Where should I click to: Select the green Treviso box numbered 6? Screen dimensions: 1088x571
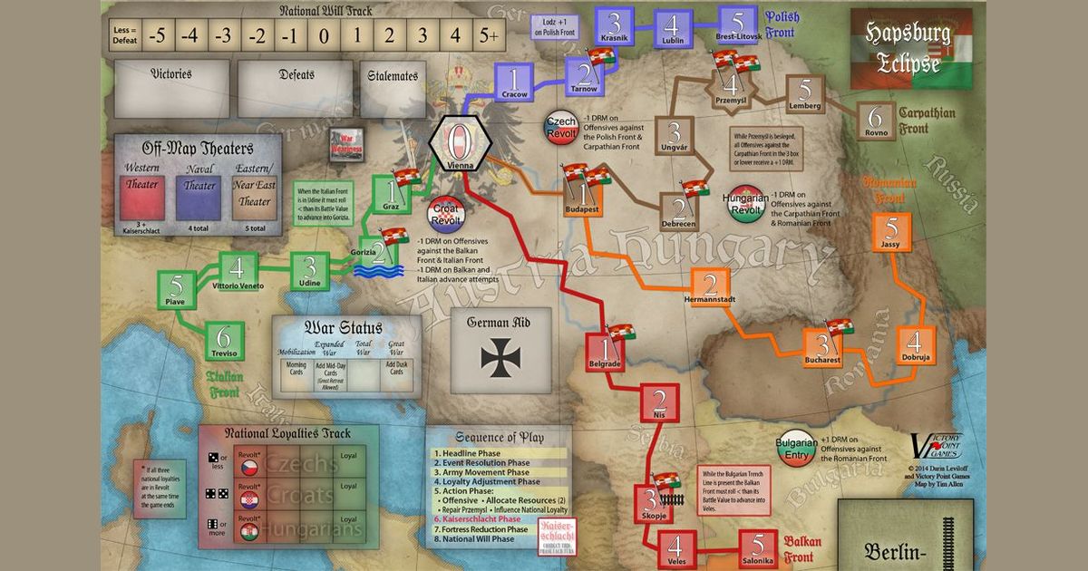point(224,338)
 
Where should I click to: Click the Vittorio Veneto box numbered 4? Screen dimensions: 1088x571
point(238,269)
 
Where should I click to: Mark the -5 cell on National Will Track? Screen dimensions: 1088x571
point(158,37)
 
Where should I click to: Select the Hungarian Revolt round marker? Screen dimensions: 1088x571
point(743,204)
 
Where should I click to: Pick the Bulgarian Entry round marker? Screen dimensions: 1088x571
point(791,447)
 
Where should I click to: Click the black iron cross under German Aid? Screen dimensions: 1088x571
point(500,357)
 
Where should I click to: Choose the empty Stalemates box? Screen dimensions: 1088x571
point(393,91)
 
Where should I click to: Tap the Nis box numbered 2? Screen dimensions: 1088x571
point(659,403)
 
